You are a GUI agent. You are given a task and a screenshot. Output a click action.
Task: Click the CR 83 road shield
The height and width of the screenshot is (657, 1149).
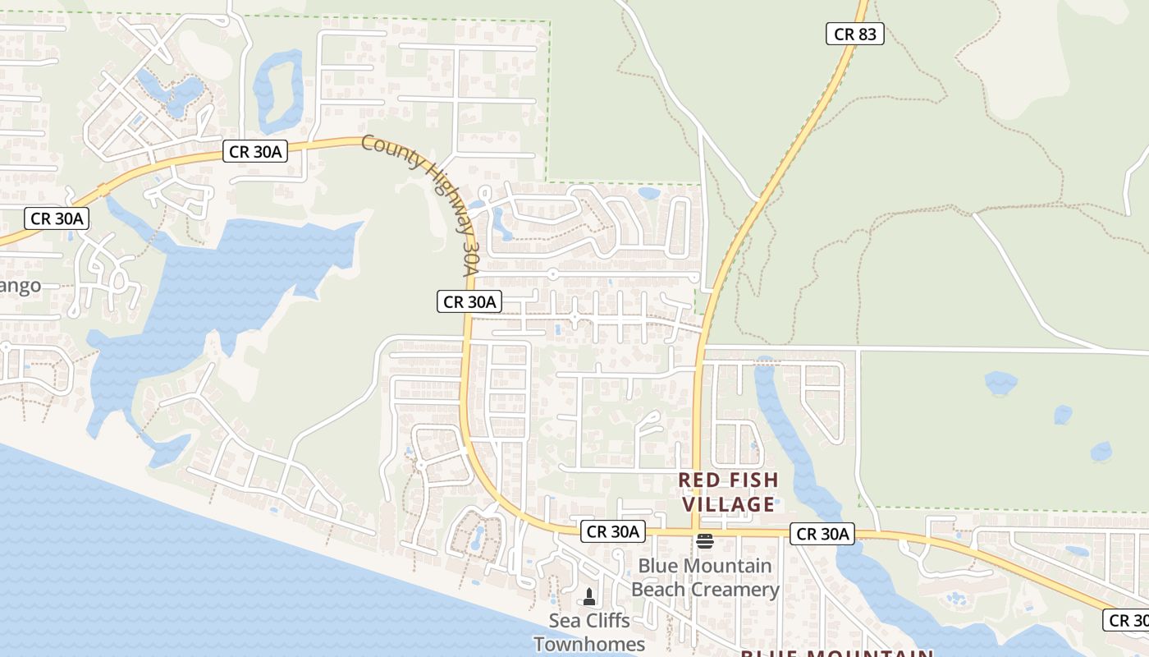click(854, 34)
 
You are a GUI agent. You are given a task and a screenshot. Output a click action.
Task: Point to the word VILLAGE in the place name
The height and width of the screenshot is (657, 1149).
click(729, 503)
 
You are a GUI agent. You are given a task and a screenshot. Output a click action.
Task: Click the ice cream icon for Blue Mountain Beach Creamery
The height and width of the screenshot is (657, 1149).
click(704, 540)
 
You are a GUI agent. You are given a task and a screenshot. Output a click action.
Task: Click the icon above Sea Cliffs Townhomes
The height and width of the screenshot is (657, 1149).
click(588, 596)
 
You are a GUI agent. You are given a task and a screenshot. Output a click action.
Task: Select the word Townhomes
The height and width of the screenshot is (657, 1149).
click(589, 644)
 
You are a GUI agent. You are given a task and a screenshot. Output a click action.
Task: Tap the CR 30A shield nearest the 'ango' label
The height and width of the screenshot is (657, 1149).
click(56, 218)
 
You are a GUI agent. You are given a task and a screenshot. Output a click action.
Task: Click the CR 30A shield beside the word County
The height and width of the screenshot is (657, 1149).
click(254, 151)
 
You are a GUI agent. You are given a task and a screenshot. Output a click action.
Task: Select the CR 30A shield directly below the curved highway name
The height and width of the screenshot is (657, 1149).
click(469, 302)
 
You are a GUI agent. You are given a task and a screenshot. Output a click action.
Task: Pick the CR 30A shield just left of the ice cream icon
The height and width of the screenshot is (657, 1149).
click(612, 531)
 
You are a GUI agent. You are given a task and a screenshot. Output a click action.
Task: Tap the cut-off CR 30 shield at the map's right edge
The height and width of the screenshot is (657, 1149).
click(1128, 620)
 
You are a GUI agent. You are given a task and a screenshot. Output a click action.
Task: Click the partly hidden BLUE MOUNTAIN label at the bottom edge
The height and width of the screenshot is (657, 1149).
click(837, 652)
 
